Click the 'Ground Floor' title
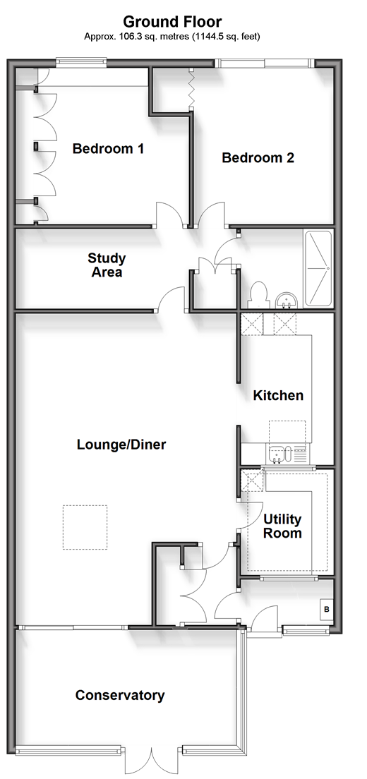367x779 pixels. [172, 22]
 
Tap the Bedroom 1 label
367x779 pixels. [108, 149]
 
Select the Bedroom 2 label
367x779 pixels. [258, 158]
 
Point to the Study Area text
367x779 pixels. [107, 265]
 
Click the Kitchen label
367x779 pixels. [278, 395]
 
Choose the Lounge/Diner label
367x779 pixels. [121, 444]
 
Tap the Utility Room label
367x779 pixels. [282, 526]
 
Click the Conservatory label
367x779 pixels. [120, 695]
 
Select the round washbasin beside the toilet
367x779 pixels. [286, 300]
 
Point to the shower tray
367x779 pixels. [318, 269]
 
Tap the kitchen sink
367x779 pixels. [277, 454]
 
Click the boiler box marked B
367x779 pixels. [327, 609]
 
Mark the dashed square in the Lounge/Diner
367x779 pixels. [85, 527]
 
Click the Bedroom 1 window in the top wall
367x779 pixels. [81, 62]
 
